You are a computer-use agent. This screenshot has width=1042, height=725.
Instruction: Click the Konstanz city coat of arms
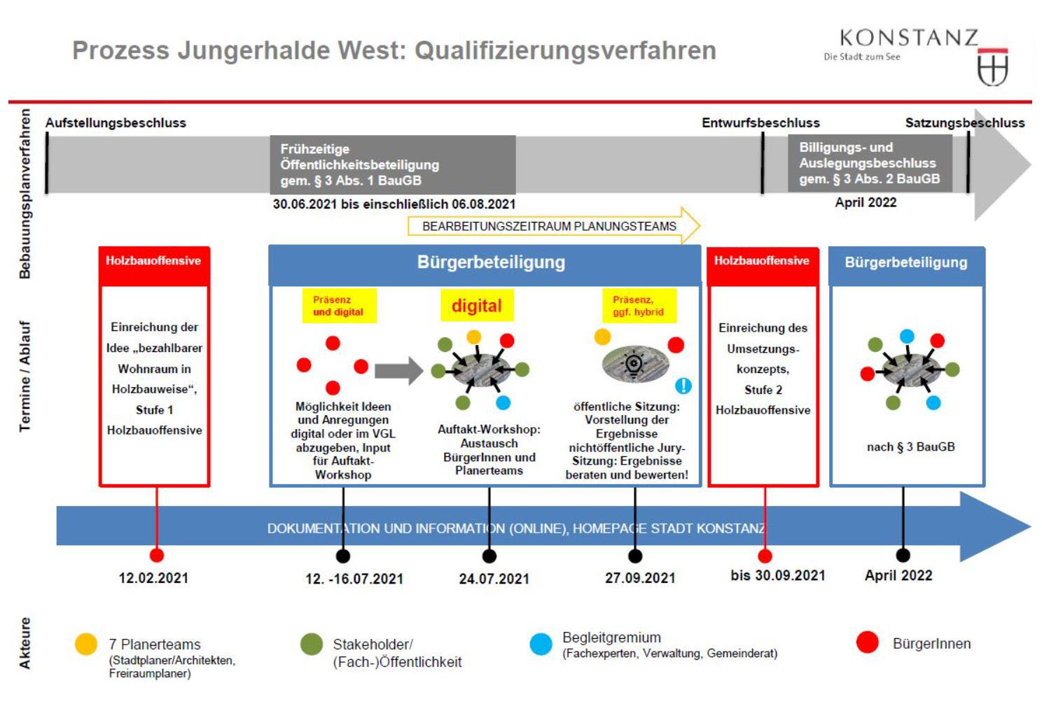[x=992, y=68]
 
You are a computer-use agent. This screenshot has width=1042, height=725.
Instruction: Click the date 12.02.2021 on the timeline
[x=153, y=578]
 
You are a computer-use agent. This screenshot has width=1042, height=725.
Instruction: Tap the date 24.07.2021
[x=494, y=579]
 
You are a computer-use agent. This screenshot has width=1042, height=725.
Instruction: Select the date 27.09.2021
[x=640, y=578]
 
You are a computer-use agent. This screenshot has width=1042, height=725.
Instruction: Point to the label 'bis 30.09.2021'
[x=777, y=575]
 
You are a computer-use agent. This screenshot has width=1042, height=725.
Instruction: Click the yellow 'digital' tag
[x=476, y=306]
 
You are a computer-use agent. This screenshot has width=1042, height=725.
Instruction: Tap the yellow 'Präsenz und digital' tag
[x=338, y=306]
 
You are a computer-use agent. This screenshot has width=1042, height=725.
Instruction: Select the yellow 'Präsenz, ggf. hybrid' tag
[x=638, y=306]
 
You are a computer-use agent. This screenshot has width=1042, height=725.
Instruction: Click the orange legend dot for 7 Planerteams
[x=86, y=644]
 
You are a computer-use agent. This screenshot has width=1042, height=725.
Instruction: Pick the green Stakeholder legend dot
[x=311, y=644]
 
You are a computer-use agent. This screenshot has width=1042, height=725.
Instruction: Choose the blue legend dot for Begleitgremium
[x=541, y=644]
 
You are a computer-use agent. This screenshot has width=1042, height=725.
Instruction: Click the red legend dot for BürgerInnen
[x=867, y=642]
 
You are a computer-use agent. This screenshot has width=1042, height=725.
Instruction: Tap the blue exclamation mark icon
[x=683, y=386]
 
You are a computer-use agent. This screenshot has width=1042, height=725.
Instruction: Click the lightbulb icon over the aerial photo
[x=634, y=363]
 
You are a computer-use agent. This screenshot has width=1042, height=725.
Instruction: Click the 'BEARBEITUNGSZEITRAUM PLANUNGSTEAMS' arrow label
[x=550, y=226]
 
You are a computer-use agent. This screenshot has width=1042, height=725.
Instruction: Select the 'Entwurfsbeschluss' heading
[x=760, y=123]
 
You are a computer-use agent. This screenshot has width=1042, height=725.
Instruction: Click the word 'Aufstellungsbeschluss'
[x=116, y=123]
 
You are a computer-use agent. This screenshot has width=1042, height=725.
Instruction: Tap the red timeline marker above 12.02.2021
[x=157, y=556]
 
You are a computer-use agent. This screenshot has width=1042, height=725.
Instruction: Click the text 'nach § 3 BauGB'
[x=910, y=446]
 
